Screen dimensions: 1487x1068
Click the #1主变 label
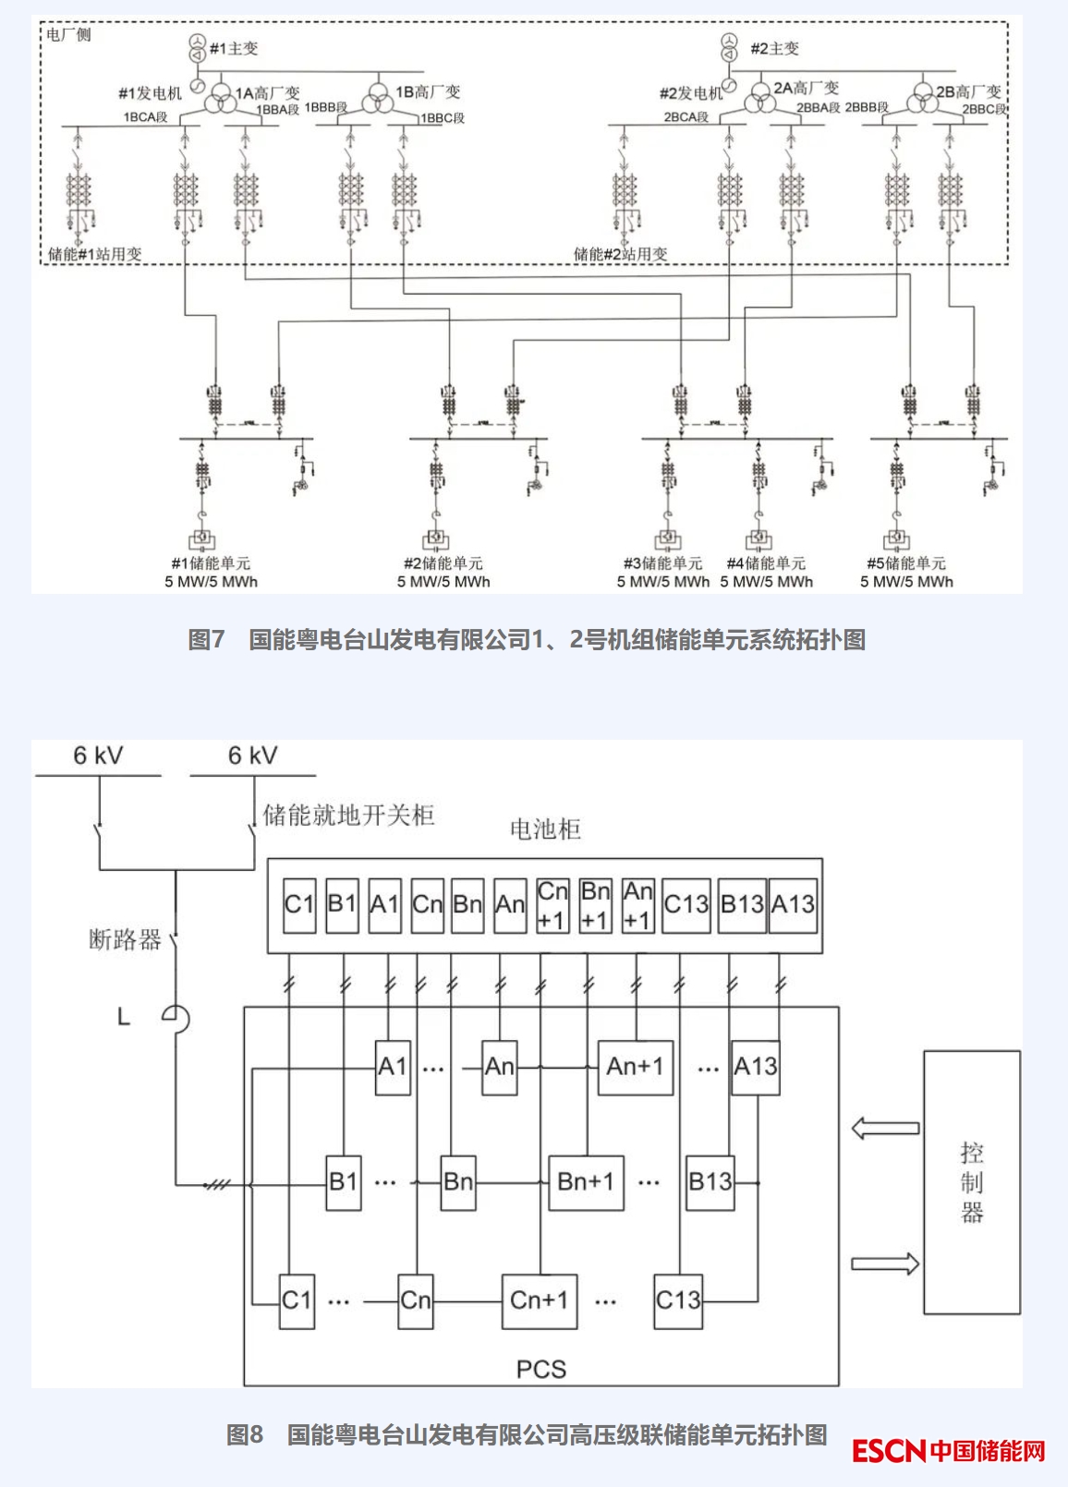(235, 48)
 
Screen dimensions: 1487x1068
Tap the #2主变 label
(774, 48)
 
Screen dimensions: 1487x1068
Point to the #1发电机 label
(150, 93)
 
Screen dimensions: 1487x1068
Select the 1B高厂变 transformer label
(428, 92)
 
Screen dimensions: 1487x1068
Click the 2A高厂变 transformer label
(806, 89)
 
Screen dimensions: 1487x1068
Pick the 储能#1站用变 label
(95, 254)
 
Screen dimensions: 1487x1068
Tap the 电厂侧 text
(69, 35)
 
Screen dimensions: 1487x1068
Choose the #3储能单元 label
(662, 563)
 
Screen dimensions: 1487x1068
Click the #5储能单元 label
(906, 563)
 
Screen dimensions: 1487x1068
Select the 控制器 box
(972, 1182)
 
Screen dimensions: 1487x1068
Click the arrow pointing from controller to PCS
(885, 1128)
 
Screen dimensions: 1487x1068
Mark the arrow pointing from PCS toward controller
(885, 1263)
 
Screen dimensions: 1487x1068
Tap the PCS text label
(541, 1369)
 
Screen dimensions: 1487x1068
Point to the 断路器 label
(125, 940)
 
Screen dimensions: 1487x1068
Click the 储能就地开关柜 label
(348, 815)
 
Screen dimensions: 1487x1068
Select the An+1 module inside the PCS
(635, 1067)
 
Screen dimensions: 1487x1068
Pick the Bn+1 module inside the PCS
(586, 1182)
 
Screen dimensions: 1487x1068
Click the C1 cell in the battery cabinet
(299, 905)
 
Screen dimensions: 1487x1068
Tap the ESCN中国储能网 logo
(948, 1451)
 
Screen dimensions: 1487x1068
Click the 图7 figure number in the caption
(206, 639)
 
